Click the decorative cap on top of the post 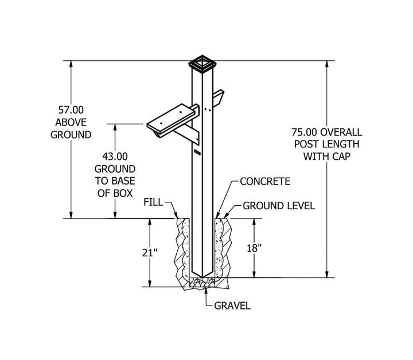pos(202,63)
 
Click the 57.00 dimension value pos(71,109)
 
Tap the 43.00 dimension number pos(115,156)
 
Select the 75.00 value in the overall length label pos(305,132)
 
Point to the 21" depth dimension pos(150,253)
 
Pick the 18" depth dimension pos(254,248)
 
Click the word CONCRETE pos(265,181)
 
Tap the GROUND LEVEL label pos(279,206)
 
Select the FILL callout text pos(153,202)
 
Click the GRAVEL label pos(232,306)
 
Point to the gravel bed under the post pos(202,283)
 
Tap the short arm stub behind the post pos(219,98)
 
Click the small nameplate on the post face pos(197,152)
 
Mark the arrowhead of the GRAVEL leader pos(206,289)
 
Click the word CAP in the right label pos(341,156)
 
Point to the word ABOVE pos(71,122)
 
